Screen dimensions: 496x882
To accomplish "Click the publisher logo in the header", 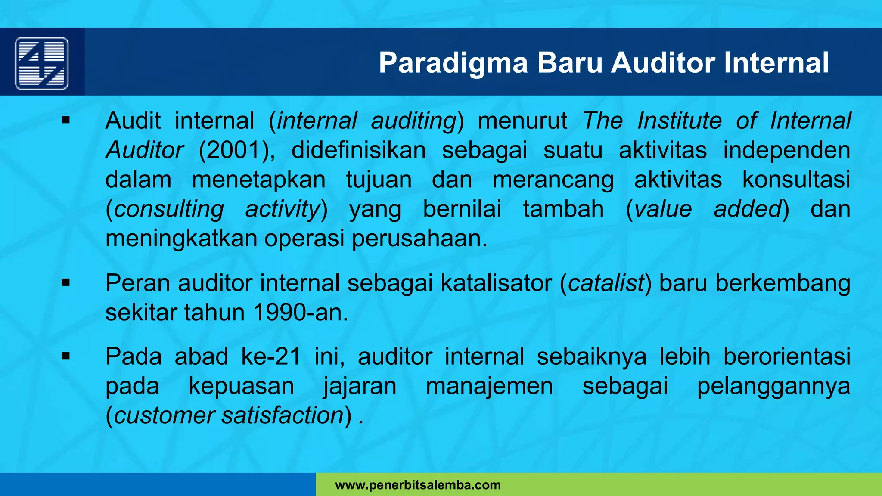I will [x=42, y=63].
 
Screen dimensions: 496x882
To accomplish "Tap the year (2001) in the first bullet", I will [x=236, y=150].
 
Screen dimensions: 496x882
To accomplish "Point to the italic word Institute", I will [x=679, y=121].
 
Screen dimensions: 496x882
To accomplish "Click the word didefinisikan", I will [x=358, y=150].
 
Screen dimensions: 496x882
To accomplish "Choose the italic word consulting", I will [x=169, y=209].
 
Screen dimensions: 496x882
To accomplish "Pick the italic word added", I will [x=747, y=209].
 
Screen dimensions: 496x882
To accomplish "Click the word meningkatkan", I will [x=181, y=239].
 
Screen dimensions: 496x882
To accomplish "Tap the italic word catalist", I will [x=606, y=283].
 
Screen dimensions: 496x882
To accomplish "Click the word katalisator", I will [x=496, y=283].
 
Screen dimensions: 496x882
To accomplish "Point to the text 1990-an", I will [x=300, y=313].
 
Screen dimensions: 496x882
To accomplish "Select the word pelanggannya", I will [x=773, y=386].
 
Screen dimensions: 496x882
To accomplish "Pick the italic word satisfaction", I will [x=283, y=415].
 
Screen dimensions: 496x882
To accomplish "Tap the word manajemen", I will [x=489, y=386].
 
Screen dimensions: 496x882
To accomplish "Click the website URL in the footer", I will [x=418, y=485].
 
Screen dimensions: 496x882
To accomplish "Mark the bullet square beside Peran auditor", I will [x=66, y=283].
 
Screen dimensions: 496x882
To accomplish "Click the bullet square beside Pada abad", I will [x=66, y=356].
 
